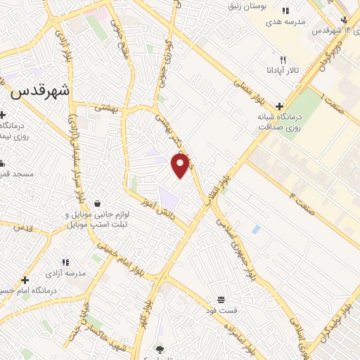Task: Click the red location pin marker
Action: [x=181, y=165]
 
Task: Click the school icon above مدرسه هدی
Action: [x=285, y=11]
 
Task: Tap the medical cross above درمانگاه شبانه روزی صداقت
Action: [x=280, y=105]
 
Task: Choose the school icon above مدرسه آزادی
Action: [x=65, y=262]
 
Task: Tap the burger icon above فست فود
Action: [x=221, y=300]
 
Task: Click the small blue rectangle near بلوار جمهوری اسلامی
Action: [x=255, y=229]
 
